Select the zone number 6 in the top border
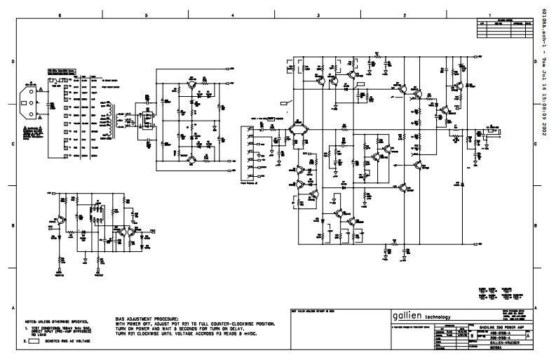[x=60, y=15]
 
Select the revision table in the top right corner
[x=505, y=24]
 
